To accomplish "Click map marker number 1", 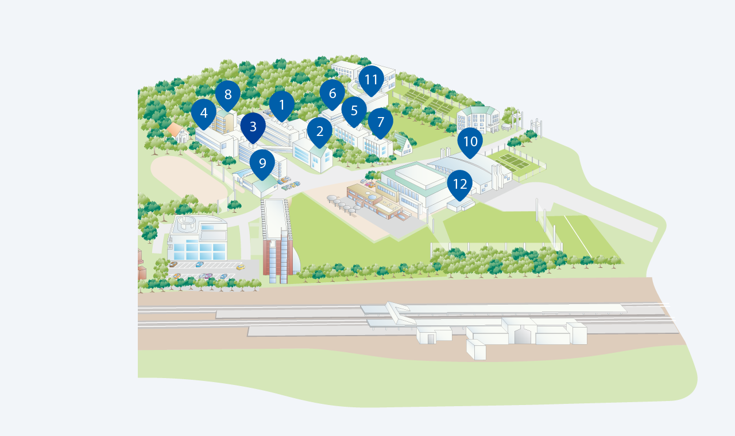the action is (x=281, y=106).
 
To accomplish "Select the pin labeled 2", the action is (x=320, y=132).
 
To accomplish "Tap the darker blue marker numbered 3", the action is (x=253, y=127).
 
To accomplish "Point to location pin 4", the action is (x=203, y=114).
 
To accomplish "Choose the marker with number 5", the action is (x=354, y=111).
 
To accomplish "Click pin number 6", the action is (x=332, y=94).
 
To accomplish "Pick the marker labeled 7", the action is (x=380, y=123).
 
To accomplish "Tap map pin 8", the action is (x=228, y=95).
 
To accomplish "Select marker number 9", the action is (x=262, y=164).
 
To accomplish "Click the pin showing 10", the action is (x=470, y=142).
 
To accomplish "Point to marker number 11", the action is (x=371, y=80).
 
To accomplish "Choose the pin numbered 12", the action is (x=460, y=185).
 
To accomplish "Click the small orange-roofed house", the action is (x=178, y=133).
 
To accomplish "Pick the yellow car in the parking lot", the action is (x=241, y=267).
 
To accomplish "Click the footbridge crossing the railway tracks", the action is (x=401, y=313).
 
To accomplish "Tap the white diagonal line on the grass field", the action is (x=578, y=236).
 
